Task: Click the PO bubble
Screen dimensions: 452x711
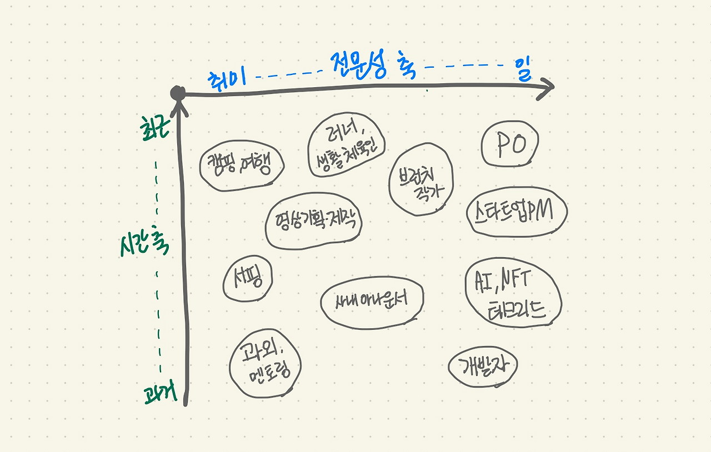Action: (x=510, y=145)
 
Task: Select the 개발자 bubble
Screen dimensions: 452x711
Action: (x=482, y=365)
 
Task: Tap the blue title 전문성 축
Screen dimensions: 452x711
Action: (x=372, y=65)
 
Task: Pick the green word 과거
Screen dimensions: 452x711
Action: (x=159, y=394)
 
